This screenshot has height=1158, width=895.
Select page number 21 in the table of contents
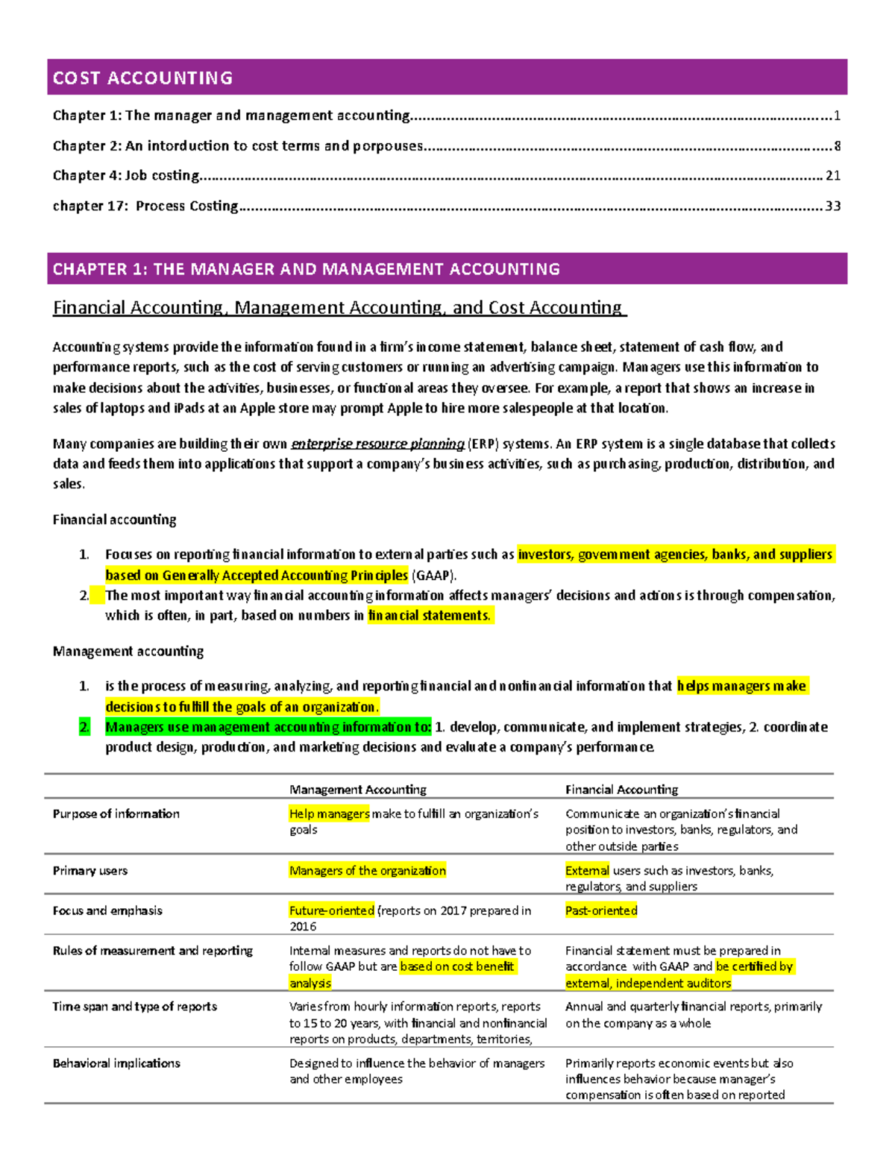click(832, 176)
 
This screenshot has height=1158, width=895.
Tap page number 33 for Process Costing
click(832, 206)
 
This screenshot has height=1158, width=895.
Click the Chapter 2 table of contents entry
click(239, 146)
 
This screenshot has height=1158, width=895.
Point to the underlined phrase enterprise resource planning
click(377, 444)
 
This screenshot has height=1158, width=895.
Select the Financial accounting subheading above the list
click(114, 520)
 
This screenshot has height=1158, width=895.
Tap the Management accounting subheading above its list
click(128, 651)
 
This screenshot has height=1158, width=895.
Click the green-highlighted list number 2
click(84, 727)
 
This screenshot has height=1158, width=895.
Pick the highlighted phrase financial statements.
click(429, 615)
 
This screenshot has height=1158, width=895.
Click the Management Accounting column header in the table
click(358, 790)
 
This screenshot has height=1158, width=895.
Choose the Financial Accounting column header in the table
click(621, 790)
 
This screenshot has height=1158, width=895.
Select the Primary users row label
click(90, 871)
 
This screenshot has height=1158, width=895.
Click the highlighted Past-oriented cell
click(601, 910)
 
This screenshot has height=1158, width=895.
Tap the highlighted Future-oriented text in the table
click(332, 910)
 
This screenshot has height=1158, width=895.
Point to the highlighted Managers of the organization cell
click(368, 871)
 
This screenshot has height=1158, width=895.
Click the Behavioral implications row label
click(116, 1063)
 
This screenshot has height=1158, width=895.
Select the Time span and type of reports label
click(135, 1007)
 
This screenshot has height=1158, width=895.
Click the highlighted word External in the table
click(587, 871)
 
